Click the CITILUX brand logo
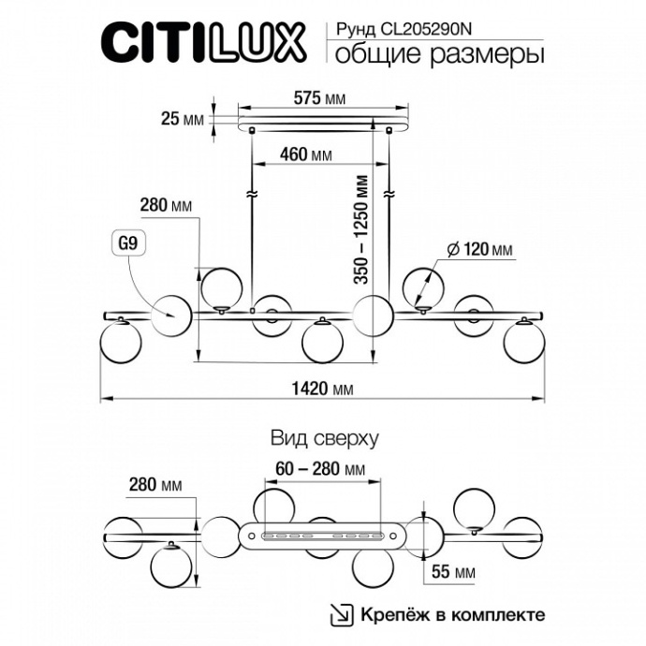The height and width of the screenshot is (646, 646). [x=201, y=42]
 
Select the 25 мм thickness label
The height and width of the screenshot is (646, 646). [x=183, y=119]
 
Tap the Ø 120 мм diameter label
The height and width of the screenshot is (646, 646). [x=480, y=249]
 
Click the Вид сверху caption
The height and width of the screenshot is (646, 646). [x=323, y=437]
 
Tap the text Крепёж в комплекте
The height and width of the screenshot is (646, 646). [x=450, y=615]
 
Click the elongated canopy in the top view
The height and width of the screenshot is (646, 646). [x=323, y=536]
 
